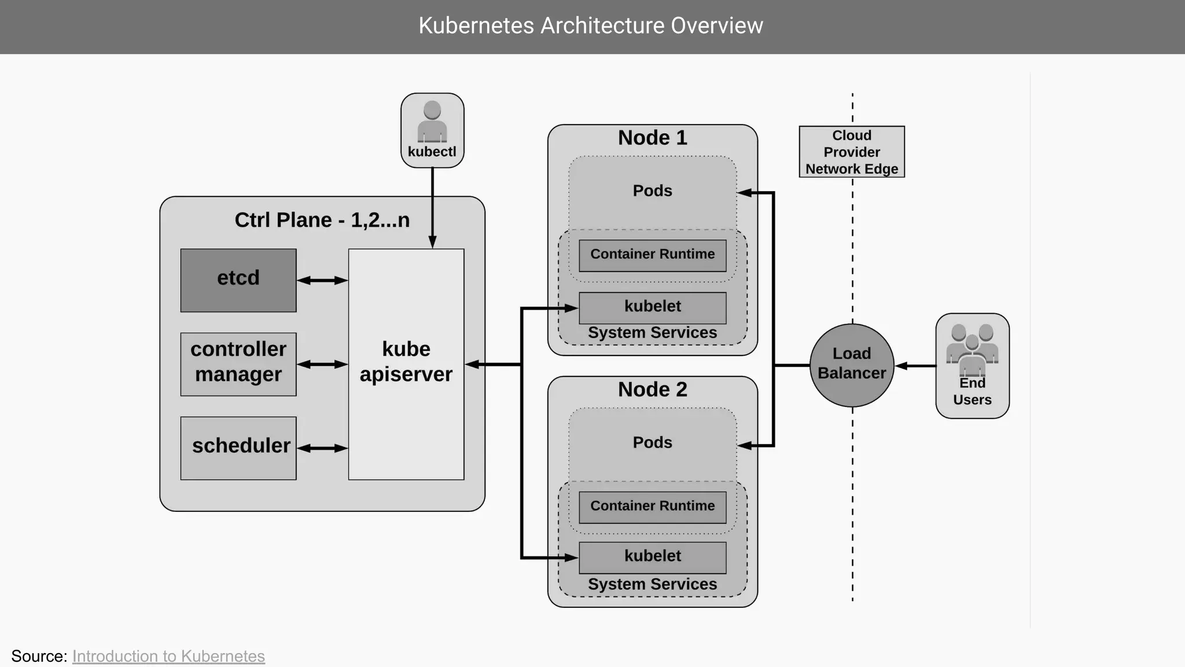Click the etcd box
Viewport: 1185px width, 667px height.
[238, 280]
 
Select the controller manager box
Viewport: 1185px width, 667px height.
[238, 364]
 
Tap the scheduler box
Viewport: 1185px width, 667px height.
[238, 448]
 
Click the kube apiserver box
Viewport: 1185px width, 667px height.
[406, 364]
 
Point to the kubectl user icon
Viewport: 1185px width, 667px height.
[432, 122]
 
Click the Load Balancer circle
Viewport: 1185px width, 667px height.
[852, 365]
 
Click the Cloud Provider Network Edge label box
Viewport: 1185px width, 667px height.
[852, 152]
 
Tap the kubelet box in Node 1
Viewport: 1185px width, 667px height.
[652, 307]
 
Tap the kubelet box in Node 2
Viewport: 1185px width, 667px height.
[652, 557]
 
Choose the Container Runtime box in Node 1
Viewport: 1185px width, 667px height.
[652, 255]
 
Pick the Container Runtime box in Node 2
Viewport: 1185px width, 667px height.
[652, 507]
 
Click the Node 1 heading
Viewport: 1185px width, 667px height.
[652, 138]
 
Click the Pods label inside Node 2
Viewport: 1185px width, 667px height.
[652, 442]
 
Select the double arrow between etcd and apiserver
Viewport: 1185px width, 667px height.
[322, 280]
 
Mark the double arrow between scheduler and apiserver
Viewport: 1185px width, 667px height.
[322, 448]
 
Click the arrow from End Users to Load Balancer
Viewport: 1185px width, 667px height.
[915, 366]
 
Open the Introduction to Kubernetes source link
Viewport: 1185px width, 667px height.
[168, 656]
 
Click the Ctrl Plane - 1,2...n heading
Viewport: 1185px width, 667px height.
[322, 220]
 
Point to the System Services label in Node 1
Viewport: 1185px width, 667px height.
[652, 333]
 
